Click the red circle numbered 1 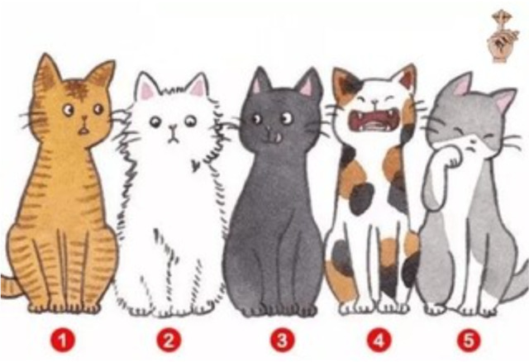pyautogui.click(x=63, y=340)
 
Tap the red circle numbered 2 pyautogui.click(x=169, y=340)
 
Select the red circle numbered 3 pyautogui.click(x=282, y=340)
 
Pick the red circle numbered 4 pyautogui.click(x=379, y=340)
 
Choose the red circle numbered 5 pyautogui.click(x=469, y=340)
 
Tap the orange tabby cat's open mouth pyautogui.click(x=83, y=131)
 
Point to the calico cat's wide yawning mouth pyautogui.click(x=374, y=121)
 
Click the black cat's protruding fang pyautogui.click(x=278, y=137)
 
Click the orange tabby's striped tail pyautogui.click(x=9, y=286)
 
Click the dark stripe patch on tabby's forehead pyautogui.click(x=76, y=89)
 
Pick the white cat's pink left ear pyautogui.click(x=147, y=88)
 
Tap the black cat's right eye pyautogui.click(x=287, y=117)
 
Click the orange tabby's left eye pyautogui.click(x=68, y=110)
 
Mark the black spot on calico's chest pyautogui.click(x=361, y=198)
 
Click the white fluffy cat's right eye pyautogui.click(x=190, y=121)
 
